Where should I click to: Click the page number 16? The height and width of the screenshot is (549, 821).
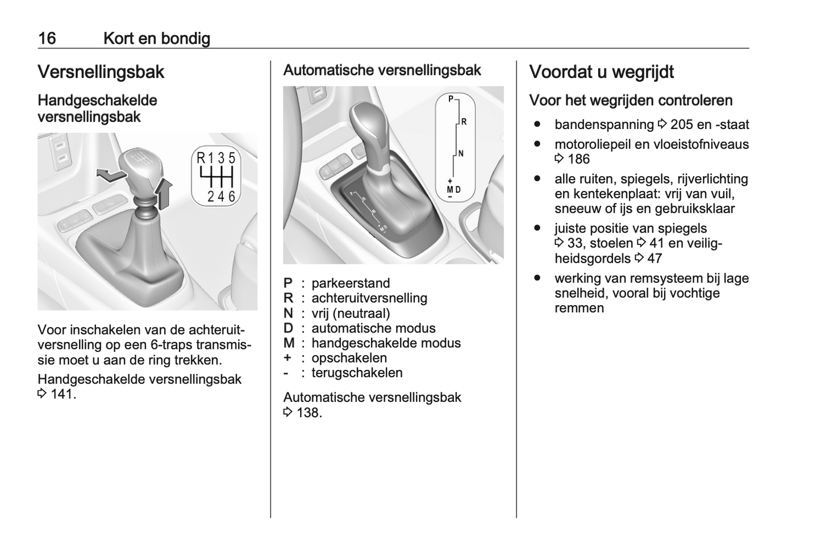[x=47, y=38]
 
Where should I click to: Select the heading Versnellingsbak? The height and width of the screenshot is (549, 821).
[x=101, y=72]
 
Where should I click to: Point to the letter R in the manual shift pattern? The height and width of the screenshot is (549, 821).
[x=201, y=159]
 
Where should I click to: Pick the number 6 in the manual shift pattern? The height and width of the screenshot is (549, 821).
[x=231, y=196]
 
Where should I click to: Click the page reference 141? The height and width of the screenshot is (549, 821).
[x=62, y=394]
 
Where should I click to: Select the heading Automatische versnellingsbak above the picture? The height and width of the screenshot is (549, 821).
[x=382, y=70]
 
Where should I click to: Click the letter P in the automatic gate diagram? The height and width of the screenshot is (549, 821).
[x=451, y=99]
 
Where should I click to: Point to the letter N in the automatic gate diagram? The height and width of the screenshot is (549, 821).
[x=461, y=153]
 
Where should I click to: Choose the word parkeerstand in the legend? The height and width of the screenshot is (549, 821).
[x=351, y=283]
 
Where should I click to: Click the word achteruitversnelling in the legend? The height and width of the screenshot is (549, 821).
[x=369, y=298]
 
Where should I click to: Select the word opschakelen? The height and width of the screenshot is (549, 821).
[x=349, y=358]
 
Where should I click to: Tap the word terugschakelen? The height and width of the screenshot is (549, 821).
[x=357, y=373]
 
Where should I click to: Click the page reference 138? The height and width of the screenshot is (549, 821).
[x=309, y=413]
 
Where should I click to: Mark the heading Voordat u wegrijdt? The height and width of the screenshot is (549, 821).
[x=601, y=72]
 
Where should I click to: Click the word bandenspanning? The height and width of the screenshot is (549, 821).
[x=604, y=124]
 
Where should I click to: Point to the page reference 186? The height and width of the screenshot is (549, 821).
[x=578, y=159]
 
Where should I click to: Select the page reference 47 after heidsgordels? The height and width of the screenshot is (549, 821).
[x=655, y=259]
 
